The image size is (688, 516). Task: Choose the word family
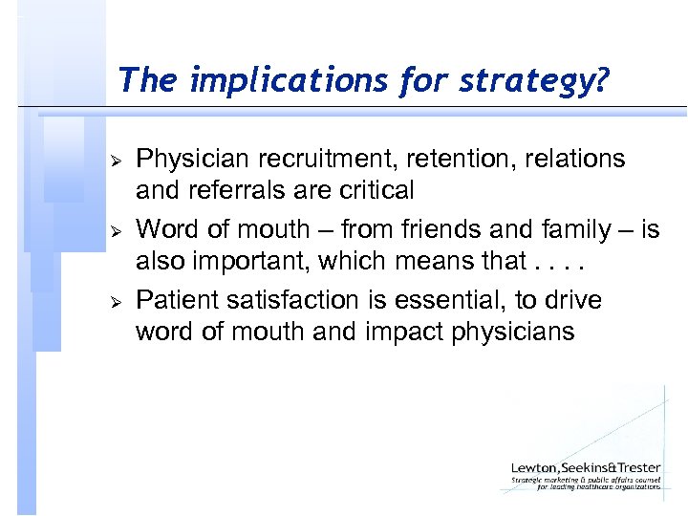tap(576, 229)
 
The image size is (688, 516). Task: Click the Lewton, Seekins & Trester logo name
tap(585, 467)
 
